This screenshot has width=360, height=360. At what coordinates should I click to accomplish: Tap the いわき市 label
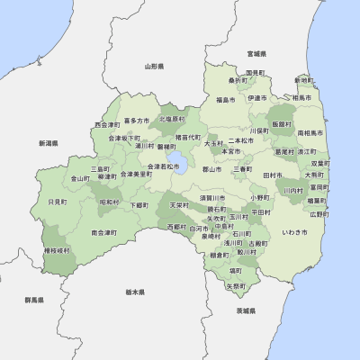[x=294, y=232]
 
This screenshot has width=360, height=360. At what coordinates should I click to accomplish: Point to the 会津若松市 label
[x=162, y=166]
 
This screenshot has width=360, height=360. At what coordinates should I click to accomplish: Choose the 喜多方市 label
[x=137, y=120]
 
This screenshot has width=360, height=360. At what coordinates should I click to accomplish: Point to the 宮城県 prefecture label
[x=257, y=53]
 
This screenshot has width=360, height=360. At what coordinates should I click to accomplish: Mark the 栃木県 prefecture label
[x=136, y=292]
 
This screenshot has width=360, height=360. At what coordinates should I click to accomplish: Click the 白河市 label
[x=198, y=229]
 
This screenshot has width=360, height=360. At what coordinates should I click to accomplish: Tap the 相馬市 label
[x=302, y=97]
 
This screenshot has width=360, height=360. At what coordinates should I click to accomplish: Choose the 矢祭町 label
[x=235, y=286]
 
